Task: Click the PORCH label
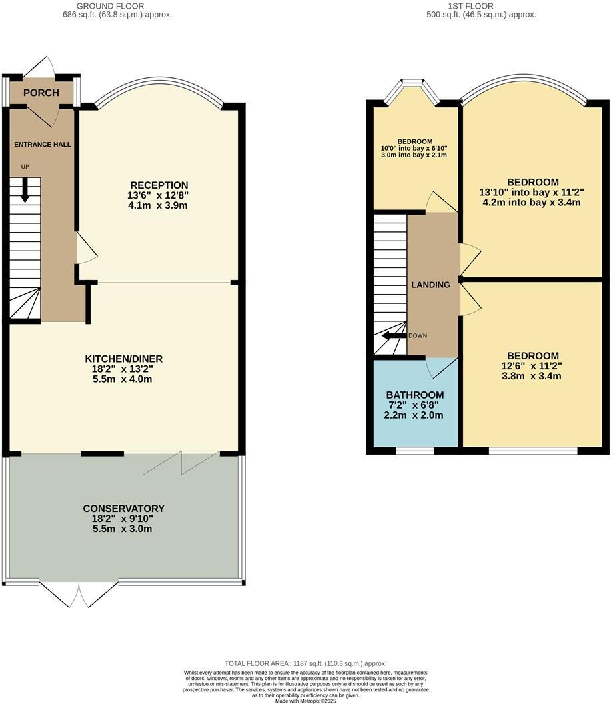pos(41,93)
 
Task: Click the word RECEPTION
pos(159,185)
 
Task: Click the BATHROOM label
pos(414,395)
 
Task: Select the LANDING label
pos(430,285)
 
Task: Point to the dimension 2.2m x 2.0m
pos(414,415)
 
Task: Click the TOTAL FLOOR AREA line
pos(306,663)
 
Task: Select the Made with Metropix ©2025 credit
pos(306,700)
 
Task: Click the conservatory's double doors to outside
pos(79,593)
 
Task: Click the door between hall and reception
pos(85,248)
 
